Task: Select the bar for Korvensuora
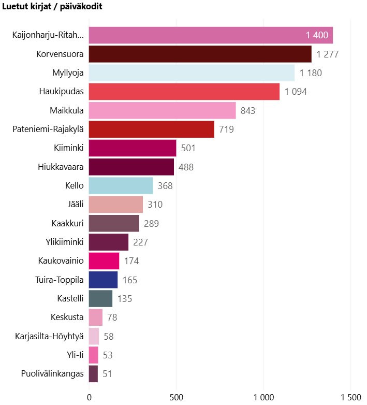click(x=200, y=54)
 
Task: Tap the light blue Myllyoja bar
click(x=192, y=73)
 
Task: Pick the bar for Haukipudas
click(x=184, y=92)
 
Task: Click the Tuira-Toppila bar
click(x=104, y=280)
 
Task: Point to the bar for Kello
click(x=121, y=185)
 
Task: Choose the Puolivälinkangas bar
click(x=94, y=373)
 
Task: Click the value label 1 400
click(x=317, y=35)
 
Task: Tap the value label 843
click(x=248, y=110)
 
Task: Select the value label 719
click(x=226, y=129)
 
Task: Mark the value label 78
click(x=112, y=317)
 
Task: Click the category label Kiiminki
click(x=68, y=148)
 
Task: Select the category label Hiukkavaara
click(x=61, y=167)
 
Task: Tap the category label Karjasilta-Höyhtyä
click(x=50, y=336)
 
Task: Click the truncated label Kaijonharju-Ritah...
click(x=48, y=35)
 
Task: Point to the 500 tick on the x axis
click(x=177, y=397)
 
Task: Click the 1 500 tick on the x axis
click(x=351, y=397)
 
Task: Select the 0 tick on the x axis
click(x=89, y=397)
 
